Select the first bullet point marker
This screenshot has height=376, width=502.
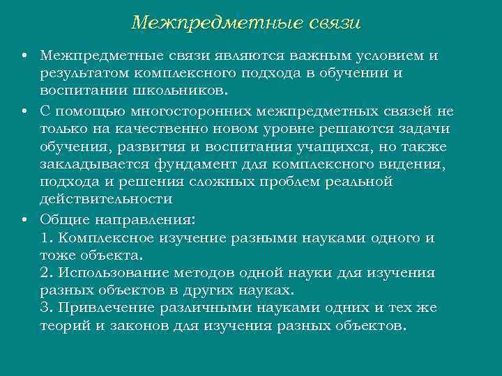pos(24,56)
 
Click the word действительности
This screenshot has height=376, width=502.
pos(105,200)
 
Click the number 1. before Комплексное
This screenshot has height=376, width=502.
pos(47,237)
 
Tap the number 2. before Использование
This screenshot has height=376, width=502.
pos(47,272)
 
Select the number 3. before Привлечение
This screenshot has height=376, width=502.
pos(47,308)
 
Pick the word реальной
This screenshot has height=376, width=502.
pos(356,182)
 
